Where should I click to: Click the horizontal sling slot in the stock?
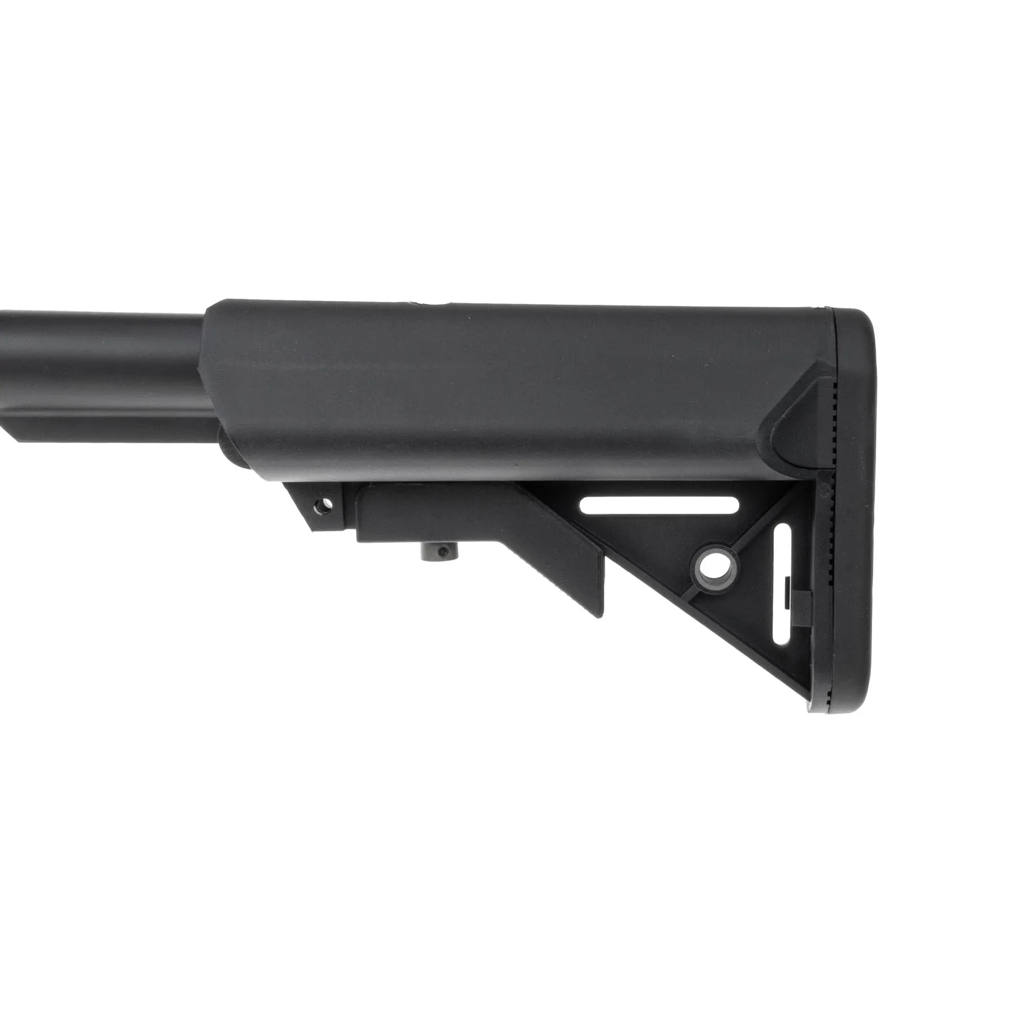tap(659, 505)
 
